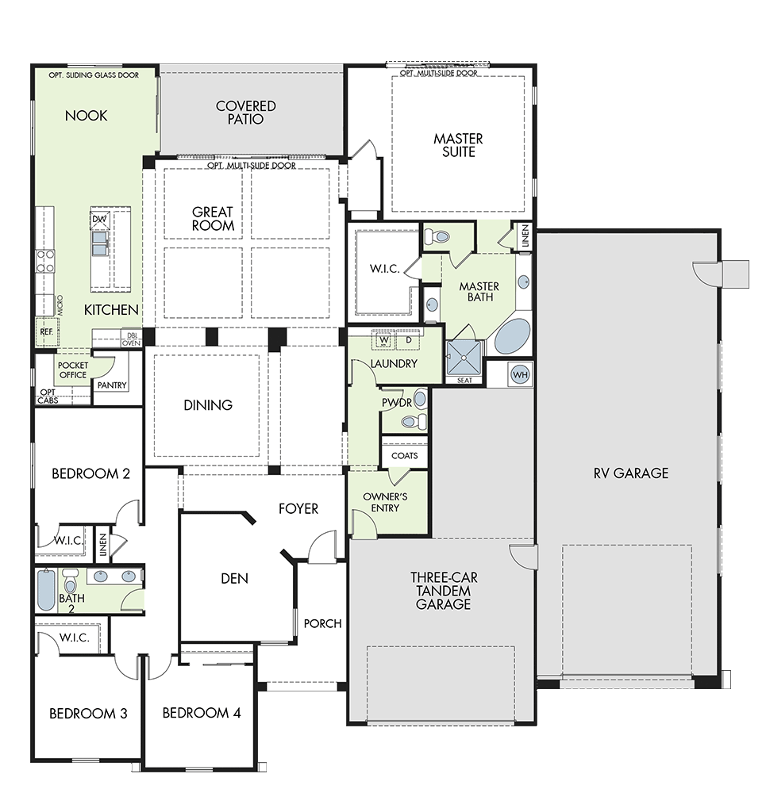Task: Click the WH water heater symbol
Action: click(520, 374)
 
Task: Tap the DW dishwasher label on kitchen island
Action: click(99, 219)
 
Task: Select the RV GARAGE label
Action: click(631, 473)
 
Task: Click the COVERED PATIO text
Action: click(245, 113)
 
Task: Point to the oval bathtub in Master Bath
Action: click(513, 336)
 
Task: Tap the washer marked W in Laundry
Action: click(384, 339)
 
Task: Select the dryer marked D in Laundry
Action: click(408, 339)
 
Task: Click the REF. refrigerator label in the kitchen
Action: click(47, 331)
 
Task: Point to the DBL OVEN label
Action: click(131, 339)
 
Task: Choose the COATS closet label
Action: click(405, 456)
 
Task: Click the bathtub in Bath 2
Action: click(45, 590)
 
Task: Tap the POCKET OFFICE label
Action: click(73, 370)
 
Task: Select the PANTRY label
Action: click(112, 385)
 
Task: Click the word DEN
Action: click(234, 578)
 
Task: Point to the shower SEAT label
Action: click(465, 381)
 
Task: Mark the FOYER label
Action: click(298, 509)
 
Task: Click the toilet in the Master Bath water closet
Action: click(437, 237)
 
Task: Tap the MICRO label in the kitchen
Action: click(60, 305)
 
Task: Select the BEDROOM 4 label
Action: click(202, 713)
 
